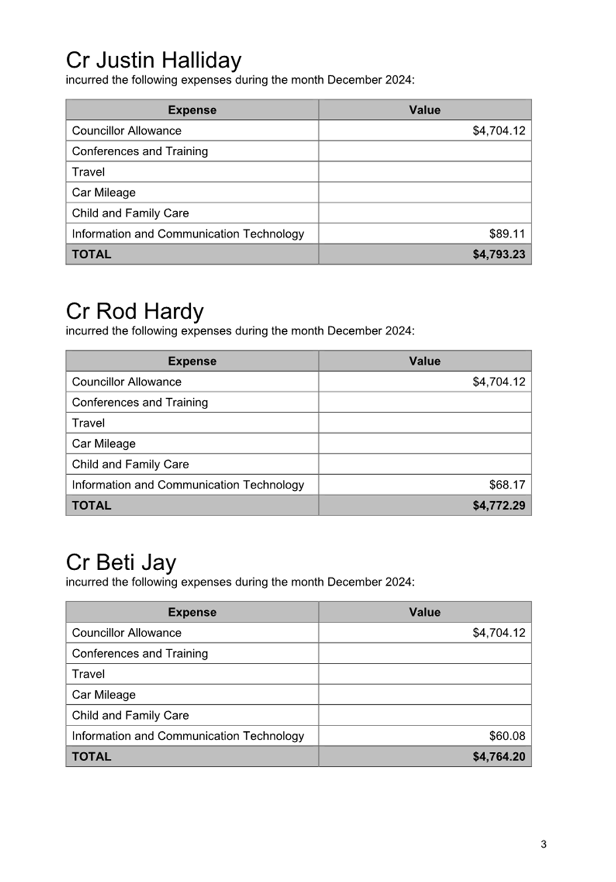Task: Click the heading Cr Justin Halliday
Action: pos(153,60)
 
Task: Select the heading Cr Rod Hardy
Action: pos(135,311)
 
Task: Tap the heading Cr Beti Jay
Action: pos(120,562)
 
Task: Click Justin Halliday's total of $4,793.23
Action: pos(499,254)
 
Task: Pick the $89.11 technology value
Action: pos(507,234)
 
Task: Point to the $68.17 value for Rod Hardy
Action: pos(507,485)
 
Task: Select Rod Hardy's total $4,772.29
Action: pos(499,506)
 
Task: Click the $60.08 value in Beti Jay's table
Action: pos(507,736)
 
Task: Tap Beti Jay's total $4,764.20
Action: pos(499,757)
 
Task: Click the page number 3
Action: pos(544,845)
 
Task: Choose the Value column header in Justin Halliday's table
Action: pos(425,110)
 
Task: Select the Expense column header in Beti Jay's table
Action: pos(192,613)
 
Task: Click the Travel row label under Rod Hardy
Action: pos(88,423)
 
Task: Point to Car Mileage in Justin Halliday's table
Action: pos(104,193)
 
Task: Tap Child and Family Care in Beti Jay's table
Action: pos(130,716)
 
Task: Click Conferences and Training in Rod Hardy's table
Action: pos(140,403)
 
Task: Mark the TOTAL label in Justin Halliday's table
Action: pos(91,254)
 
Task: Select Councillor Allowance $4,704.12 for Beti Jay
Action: pos(499,633)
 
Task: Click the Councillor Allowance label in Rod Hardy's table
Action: pos(127,382)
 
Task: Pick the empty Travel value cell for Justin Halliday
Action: pos(425,172)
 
